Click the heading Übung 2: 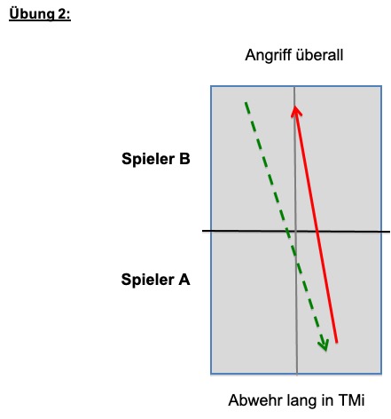click(40, 14)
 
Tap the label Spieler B click(156, 159)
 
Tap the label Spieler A click(155, 280)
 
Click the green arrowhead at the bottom click(324, 345)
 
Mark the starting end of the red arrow click(337, 343)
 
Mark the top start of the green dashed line click(246, 103)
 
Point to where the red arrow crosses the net click(317, 231)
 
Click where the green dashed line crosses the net click(287, 231)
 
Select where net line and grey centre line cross click(295, 231)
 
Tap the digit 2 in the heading click(62, 14)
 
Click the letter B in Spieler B click(184, 159)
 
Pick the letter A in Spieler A click(184, 280)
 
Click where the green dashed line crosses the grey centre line click(296, 257)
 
